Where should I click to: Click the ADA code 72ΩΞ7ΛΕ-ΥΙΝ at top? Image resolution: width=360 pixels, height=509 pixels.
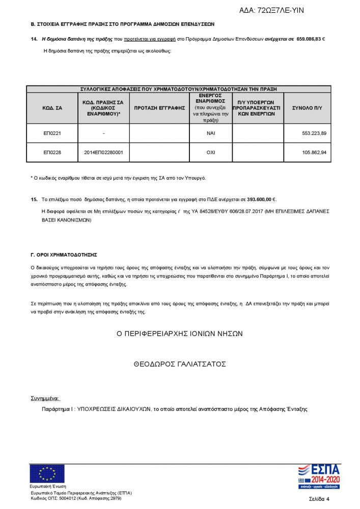pos(272,10)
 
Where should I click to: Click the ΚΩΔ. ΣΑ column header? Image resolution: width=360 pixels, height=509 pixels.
pos(52,108)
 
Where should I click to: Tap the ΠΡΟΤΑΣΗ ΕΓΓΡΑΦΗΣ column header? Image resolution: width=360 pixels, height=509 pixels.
pos(159,108)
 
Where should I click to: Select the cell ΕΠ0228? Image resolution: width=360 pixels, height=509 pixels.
pos(52,152)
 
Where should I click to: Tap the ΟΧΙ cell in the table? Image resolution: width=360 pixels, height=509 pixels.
pos(210,152)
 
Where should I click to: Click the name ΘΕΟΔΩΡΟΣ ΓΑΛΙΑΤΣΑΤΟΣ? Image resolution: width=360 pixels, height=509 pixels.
pos(180,364)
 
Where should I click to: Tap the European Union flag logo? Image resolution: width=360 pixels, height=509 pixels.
pos(47,473)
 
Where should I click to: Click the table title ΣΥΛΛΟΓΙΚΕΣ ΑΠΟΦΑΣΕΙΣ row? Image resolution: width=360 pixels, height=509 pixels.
pos(179,89)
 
